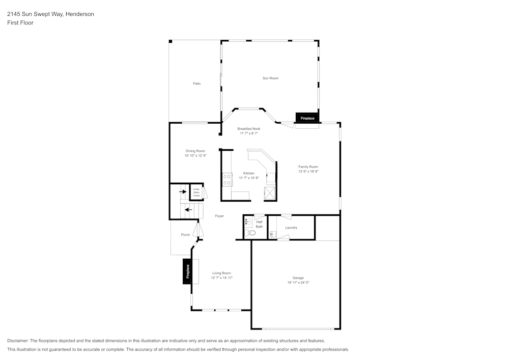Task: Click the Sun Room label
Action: (270, 78)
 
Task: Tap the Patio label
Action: (196, 84)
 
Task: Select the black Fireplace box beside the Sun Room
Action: (307, 118)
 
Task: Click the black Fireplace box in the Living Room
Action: (187, 271)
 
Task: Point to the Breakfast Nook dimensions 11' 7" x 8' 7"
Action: (249, 133)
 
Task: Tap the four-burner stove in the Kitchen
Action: (227, 180)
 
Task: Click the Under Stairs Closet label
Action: (196, 192)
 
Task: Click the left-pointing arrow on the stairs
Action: (188, 209)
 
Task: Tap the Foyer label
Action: (219, 216)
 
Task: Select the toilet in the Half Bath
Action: (248, 233)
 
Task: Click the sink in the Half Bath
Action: (248, 222)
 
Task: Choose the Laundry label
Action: (291, 228)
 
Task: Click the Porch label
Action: (185, 235)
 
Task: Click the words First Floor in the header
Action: (20, 23)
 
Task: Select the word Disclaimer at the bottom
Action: (18, 341)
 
